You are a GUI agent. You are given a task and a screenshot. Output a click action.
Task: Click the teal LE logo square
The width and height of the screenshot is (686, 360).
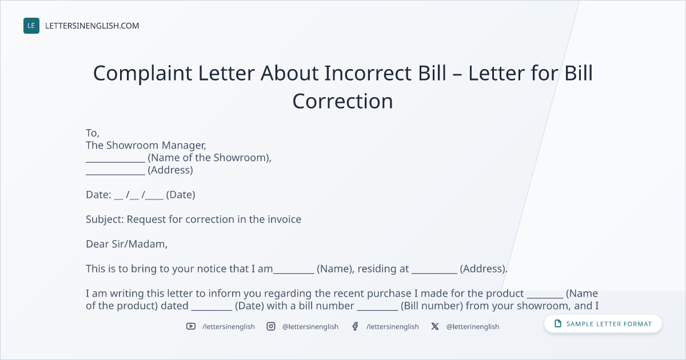pos(31,26)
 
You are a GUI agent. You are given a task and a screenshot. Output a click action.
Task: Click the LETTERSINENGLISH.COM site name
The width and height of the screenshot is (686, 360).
pos(92,26)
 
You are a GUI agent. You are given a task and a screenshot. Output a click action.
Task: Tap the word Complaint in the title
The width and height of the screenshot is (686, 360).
pos(143,74)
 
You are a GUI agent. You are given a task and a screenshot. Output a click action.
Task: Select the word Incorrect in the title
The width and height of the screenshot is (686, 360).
pos(368,73)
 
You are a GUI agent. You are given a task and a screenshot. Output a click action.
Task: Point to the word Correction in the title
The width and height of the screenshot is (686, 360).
pos(342,101)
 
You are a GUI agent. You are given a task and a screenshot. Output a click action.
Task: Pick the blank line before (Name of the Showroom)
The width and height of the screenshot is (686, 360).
pos(115,162)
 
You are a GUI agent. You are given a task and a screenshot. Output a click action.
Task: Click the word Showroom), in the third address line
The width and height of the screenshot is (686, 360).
pos(242,158)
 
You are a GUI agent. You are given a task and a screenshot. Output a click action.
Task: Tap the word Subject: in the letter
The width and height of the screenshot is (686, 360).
pos(105,219)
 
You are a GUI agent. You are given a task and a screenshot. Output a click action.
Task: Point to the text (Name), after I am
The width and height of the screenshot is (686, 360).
pos(336,269)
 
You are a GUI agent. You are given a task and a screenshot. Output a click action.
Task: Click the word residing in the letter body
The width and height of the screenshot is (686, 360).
pos(383,269)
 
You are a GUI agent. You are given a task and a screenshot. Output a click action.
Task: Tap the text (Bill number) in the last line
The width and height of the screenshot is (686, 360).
pos(432,306)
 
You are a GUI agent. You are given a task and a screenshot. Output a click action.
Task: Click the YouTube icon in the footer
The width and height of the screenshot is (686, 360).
pos(191,326)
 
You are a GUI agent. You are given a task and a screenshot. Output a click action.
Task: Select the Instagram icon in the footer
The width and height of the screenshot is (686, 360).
pos(271,326)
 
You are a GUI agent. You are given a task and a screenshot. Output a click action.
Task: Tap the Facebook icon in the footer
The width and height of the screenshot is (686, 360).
pos(355,326)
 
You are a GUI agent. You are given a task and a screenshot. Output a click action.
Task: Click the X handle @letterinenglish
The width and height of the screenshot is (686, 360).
pos(473,327)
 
